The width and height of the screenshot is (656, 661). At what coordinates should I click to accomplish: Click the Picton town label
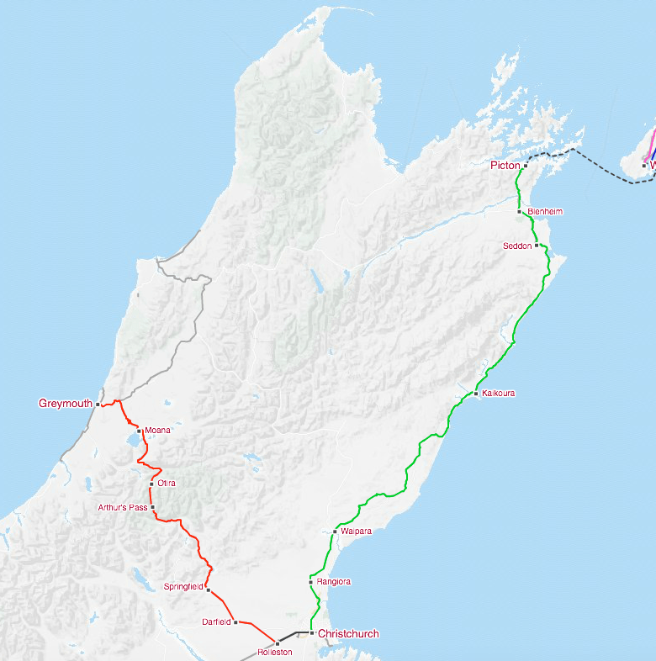(x=505, y=166)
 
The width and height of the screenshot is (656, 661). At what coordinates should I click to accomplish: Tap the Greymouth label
(x=65, y=404)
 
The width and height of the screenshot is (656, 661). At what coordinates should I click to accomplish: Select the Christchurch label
(x=348, y=634)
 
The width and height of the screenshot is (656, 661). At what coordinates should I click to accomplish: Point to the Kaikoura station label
(x=499, y=394)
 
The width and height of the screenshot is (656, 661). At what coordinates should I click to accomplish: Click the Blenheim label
(x=545, y=211)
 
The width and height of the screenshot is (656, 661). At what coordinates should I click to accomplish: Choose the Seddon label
(x=517, y=246)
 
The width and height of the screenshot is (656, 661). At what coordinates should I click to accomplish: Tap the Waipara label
(x=356, y=531)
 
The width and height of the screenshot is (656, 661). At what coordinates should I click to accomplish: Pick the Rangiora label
(x=334, y=582)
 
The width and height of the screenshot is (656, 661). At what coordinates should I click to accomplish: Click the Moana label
(x=157, y=431)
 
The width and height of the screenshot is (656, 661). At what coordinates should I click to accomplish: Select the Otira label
(x=167, y=483)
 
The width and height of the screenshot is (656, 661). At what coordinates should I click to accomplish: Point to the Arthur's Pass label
(x=123, y=508)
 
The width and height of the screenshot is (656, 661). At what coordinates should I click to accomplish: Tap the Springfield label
(x=183, y=585)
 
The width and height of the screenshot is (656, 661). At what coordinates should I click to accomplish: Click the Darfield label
(x=216, y=622)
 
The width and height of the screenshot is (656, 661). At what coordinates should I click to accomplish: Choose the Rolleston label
(x=275, y=653)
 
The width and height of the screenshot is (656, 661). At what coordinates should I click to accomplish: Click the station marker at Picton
(x=525, y=166)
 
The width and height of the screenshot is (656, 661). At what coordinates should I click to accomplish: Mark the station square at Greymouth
(x=98, y=405)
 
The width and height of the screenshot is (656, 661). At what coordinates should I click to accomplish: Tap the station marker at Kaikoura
(x=476, y=394)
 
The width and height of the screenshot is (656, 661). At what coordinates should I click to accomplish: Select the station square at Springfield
(x=208, y=590)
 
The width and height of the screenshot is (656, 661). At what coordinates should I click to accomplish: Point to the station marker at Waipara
(x=335, y=531)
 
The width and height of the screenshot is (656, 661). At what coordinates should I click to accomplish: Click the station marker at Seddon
(x=536, y=246)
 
